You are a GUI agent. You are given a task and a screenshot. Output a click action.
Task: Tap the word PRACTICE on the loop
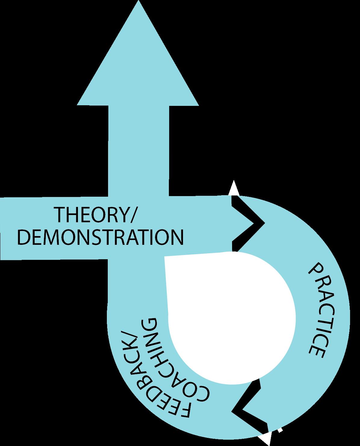pyautogui.click(x=317, y=310)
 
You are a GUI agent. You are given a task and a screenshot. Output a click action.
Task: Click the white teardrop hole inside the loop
pyautogui.click(x=229, y=316)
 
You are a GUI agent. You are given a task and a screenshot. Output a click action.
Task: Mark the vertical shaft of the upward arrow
pyautogui.click(x=138, y=150)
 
